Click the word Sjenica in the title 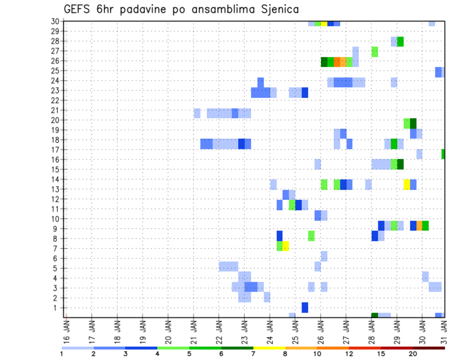pos(278,9)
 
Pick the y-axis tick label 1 pos(57,308)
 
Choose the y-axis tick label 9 pos(57,229)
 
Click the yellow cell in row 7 pos(286,246)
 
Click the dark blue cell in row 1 pos(305,308)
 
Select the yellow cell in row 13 pos(407,184)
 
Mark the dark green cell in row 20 pos(413,123)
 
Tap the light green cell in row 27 pos(375,51)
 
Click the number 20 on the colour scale pos(413,353)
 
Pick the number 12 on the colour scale pos(349,353)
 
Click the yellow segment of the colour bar pos(269,348)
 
